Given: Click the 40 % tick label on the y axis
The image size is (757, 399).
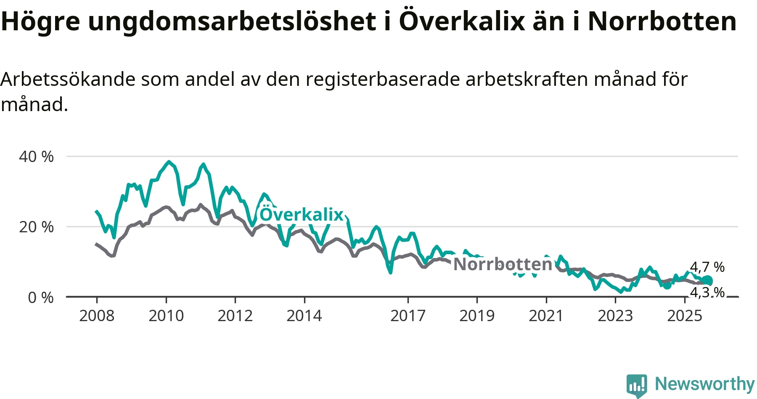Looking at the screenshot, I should tap(36, 157).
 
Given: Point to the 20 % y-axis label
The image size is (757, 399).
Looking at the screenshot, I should tap(36, 227).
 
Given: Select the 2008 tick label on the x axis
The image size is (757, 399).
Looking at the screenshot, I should tap(97, 316).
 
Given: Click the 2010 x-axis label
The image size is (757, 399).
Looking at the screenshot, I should tap(166, 316).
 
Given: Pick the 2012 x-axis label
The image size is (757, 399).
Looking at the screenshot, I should tap(235, 316).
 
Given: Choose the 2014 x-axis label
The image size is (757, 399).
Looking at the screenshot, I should tap(304, 316).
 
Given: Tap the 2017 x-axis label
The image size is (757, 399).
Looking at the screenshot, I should tap(408, 316).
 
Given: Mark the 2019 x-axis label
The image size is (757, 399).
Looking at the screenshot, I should tap(477, 316).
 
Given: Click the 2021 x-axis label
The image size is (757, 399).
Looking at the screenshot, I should tap(546, 316).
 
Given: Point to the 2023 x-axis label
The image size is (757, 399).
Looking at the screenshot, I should tap(615, 316).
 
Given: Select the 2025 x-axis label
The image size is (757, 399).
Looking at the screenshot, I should tap(685, 316).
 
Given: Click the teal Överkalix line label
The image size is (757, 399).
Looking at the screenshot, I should tap(302, 214).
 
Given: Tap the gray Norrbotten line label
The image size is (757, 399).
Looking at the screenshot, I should tap(503, 264).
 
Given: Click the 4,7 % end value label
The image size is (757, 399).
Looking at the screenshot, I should tap(707, 267).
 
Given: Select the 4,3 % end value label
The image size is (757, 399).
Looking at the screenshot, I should tap(707, 292).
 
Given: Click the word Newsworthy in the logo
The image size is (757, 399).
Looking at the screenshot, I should tap(705, 384).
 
